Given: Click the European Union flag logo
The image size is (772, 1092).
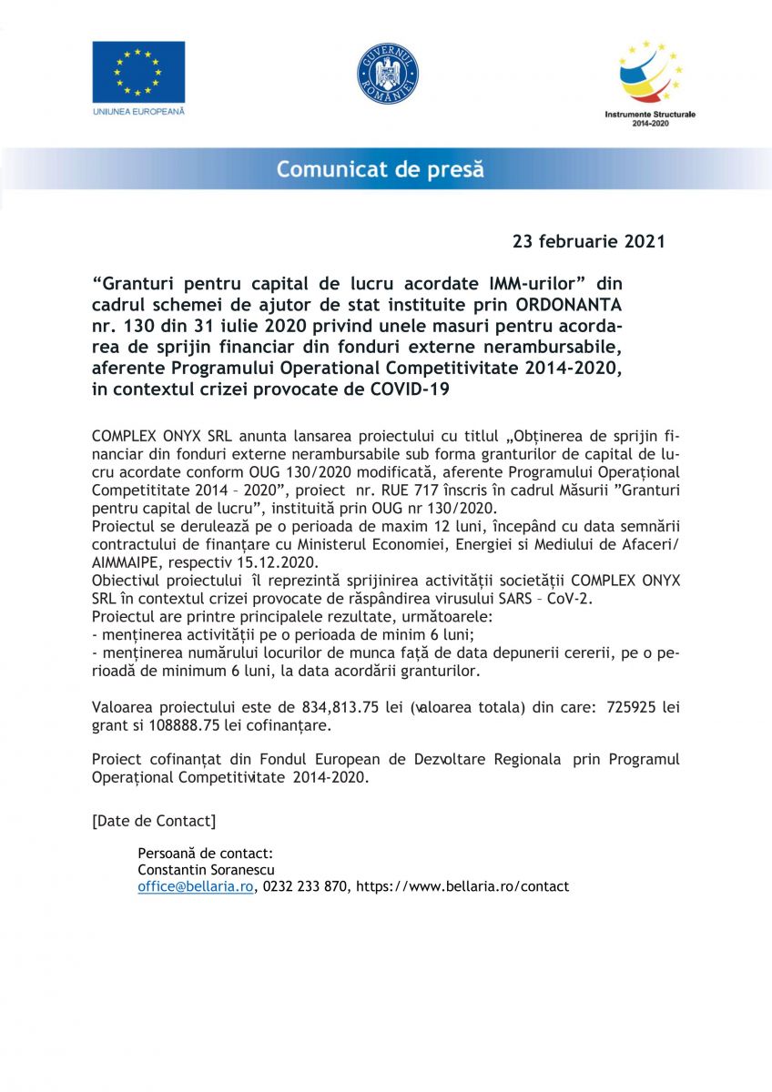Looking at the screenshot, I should [x=138, y=72].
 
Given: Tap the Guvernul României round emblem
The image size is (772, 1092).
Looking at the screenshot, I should [x=387, y=73].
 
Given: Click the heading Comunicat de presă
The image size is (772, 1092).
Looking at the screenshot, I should [x=381, y=169].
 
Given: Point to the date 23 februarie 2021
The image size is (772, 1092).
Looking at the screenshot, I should [x=589, y=242].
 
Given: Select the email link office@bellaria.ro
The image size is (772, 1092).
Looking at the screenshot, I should [x=195, y=886].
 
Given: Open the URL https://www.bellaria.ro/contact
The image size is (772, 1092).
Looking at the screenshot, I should [x=462, y=886].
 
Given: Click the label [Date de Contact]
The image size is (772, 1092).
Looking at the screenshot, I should [x=154, y=821].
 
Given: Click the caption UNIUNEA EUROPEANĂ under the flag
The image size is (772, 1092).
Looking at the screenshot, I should [x=138, y=111].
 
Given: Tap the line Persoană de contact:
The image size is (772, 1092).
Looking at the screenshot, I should [x=205, y=854].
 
